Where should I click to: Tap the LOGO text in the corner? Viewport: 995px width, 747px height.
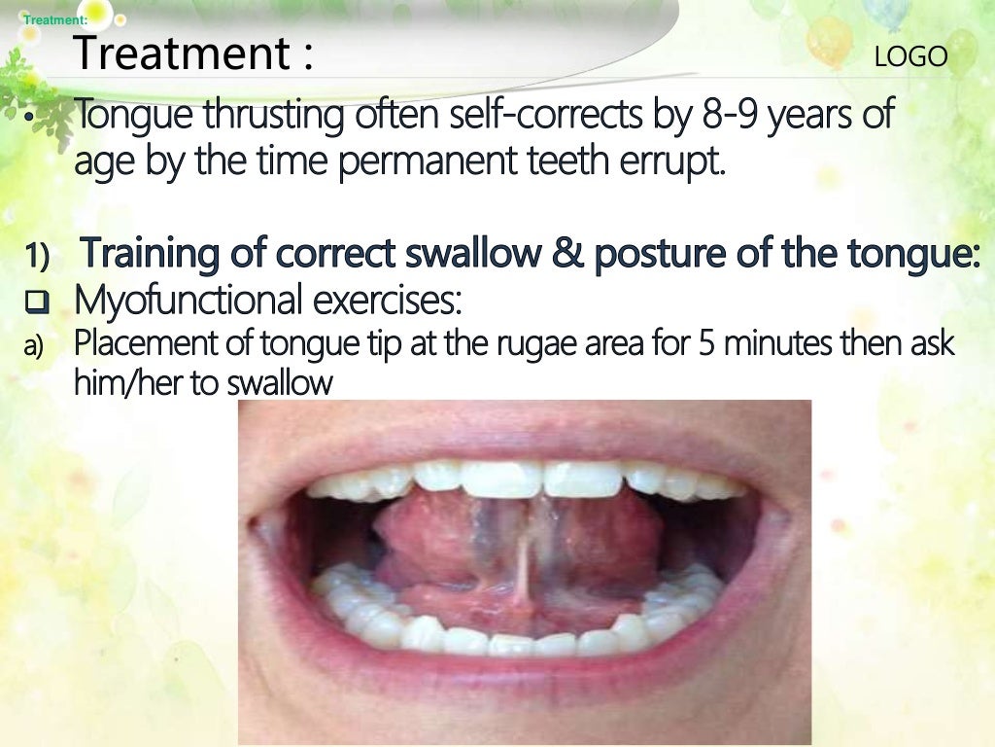[x=910, y=57]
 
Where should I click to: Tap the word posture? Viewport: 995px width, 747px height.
[x=654, y=254]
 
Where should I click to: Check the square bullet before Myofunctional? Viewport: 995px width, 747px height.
[x=38, y=303]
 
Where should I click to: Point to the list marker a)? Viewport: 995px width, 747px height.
[x=34, y=346]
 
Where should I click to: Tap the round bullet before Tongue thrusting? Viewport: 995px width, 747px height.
[x=30, y=119]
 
